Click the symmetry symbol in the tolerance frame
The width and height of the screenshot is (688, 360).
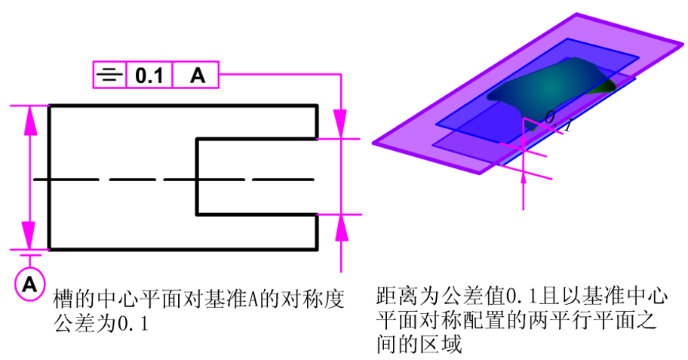110,75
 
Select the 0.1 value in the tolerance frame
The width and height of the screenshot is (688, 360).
149,75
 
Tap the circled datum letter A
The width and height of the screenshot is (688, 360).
29,284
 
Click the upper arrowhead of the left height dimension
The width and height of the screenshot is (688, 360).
30,120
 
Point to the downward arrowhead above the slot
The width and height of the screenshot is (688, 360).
341,125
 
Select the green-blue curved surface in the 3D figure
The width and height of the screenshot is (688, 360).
554,87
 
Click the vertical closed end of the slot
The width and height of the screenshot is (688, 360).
197,176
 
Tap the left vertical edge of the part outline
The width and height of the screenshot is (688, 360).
50,177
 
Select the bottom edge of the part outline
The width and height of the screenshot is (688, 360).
181,248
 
